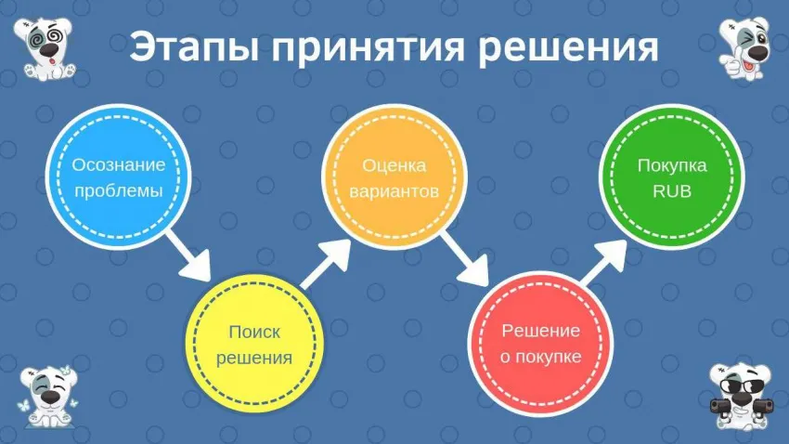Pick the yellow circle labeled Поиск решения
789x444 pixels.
(254, 345)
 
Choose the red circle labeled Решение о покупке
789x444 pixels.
(541, 345)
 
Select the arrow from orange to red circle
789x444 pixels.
(466, 260)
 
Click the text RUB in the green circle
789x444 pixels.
(671, 193)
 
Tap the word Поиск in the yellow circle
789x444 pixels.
(254, 332)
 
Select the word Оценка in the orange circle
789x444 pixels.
(394, 166)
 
